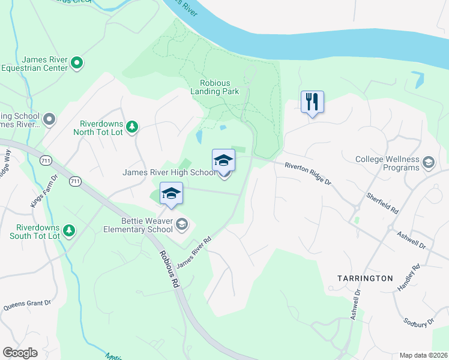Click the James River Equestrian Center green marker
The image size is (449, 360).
tap(77, 62)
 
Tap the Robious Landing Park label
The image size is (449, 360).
tap(215, 88)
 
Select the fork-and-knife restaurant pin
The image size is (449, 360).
tap(312, 101)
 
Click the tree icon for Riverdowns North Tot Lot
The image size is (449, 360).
tap(132, 127)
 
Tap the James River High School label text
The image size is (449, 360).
tap(169, 172)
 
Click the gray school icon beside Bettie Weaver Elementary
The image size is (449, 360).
tap(182, 225)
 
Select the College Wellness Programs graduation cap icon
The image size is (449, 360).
tap(429, 163)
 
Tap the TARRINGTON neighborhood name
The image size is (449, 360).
tap(365, 278)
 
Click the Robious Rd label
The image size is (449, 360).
tap(170, 267)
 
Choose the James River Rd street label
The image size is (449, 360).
tap(194, 253)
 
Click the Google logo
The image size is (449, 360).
tap(20, 353)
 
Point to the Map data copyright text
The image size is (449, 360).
tap(423, 355)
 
